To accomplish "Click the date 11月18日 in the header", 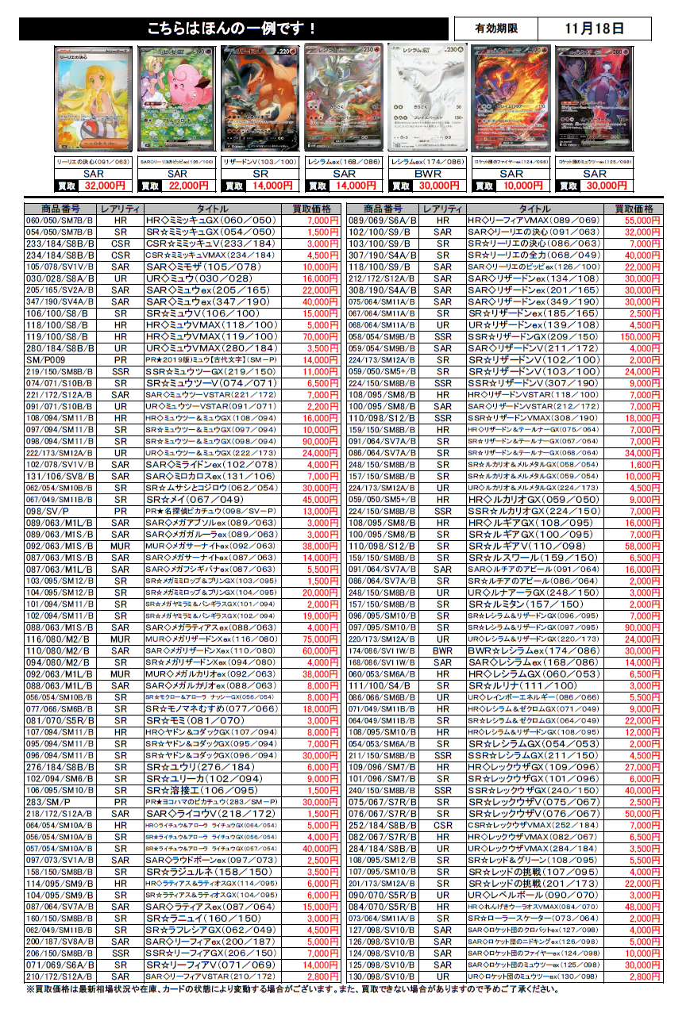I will (x=595, y=29).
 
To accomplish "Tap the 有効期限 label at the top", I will (x=496, y=29).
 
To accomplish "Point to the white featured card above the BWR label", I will (x=426, y=97).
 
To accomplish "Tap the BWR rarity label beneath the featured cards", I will (x=427, y=173).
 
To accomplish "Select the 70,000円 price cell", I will (x=315, y=338).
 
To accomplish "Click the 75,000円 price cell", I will (x=315, y=639).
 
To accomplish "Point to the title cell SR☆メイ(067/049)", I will (x=195, y=500).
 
